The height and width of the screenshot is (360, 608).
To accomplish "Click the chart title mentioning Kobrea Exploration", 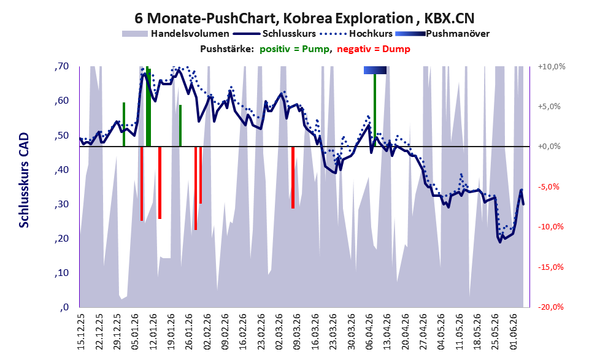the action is pos(304,18).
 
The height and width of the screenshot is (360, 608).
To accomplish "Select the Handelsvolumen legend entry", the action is pos(175,34).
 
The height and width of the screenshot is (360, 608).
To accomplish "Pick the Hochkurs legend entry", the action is pos(356,34).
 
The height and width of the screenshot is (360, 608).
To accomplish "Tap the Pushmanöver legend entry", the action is pos(442,34).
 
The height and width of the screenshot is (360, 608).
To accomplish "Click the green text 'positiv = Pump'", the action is pos(295,49).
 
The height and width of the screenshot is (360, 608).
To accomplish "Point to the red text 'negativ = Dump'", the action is pos(374,49).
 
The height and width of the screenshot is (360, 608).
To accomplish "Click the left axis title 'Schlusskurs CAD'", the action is pos(24,180).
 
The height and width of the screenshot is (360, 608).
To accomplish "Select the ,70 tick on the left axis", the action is pos(61,66).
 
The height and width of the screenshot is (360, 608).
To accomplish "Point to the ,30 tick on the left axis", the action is pos(61,204).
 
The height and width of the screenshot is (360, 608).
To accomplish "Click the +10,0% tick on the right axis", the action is pos(552,67).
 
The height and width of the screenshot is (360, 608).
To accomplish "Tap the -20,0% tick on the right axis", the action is pos(550,307).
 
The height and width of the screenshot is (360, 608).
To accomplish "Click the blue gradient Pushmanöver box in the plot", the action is pos(375,70).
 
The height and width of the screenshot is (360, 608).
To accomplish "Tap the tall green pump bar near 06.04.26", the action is pos(375,110).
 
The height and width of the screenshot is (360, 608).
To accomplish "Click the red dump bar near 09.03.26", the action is pos(293,177).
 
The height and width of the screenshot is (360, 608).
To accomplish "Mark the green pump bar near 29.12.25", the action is pos(124,124).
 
